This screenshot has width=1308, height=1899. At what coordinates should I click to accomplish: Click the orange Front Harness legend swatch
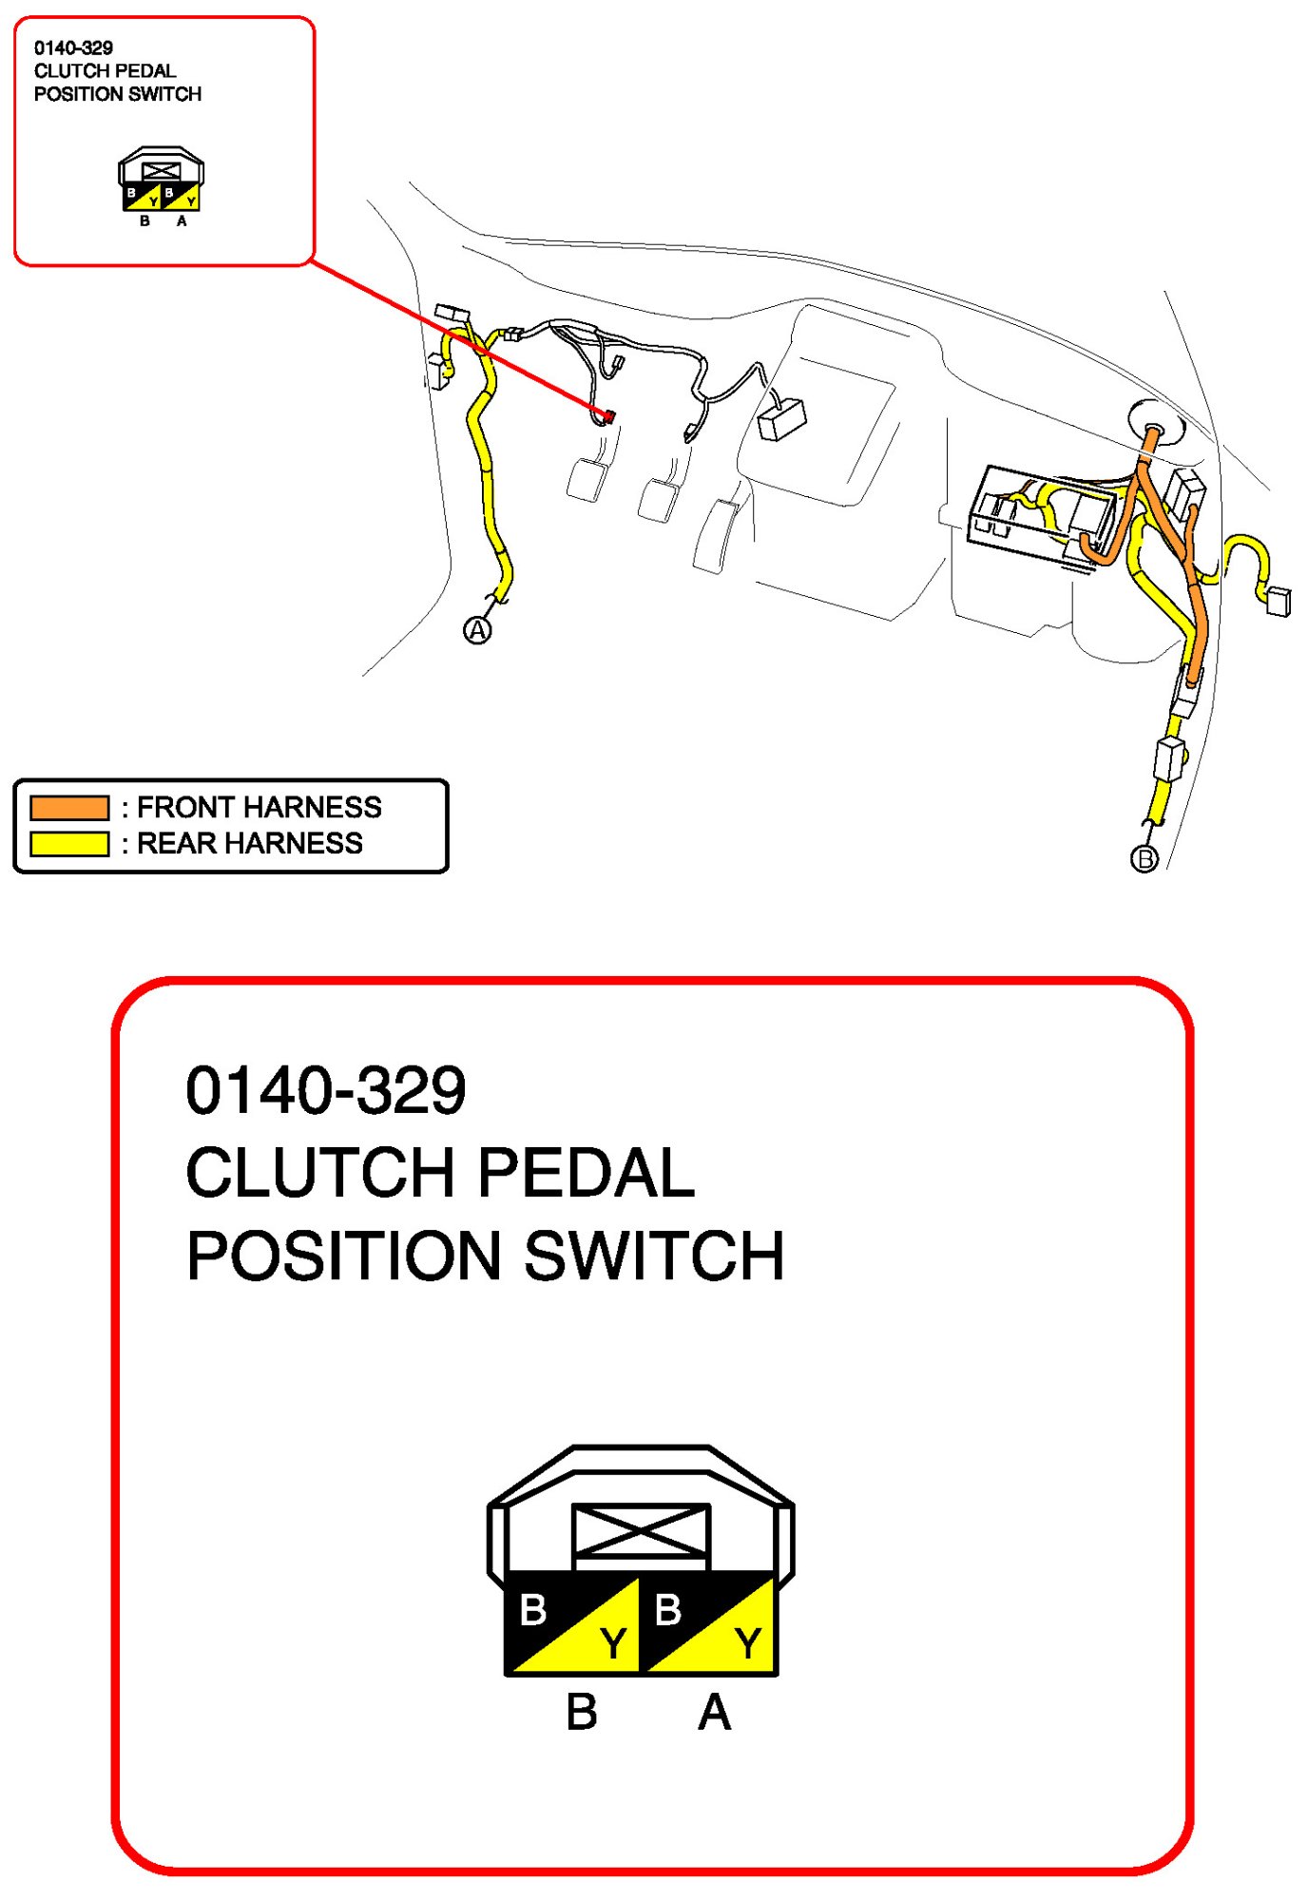(x=68, y=808)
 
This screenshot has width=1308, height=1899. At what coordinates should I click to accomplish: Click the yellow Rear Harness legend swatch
(x=68, y=843)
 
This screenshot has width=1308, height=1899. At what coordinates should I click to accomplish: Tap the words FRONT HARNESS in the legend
(x=259, y=808)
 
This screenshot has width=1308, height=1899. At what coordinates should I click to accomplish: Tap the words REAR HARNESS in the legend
(x=249, y=843)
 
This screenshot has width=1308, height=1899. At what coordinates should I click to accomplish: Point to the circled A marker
(x=477, y=629)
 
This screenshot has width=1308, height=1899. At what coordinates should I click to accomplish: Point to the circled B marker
(x=1144, y=858)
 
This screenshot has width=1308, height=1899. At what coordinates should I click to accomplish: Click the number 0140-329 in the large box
(x=326, y=1090)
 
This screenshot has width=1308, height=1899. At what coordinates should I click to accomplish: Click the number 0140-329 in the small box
(x=73, y=48)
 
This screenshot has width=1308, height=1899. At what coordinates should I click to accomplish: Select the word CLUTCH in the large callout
(x=318, y=1172)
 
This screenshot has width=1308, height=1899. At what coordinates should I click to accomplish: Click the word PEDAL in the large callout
(x=586, y=1172)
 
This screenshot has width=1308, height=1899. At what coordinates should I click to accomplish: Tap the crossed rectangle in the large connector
(x=641, y=1531)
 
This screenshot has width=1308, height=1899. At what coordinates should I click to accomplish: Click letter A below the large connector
(x=714, y=1713)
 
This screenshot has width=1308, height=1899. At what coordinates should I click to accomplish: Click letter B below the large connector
(x=582, y=1713)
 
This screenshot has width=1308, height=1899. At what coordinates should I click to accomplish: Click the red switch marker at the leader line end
(x=608, y=416)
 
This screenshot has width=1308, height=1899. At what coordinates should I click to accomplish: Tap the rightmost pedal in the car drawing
(x=719, y=537)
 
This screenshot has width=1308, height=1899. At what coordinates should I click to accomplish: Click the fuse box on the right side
(x=1041, y=513)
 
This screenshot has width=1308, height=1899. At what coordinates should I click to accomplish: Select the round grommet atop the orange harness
(x=1155, y=422)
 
